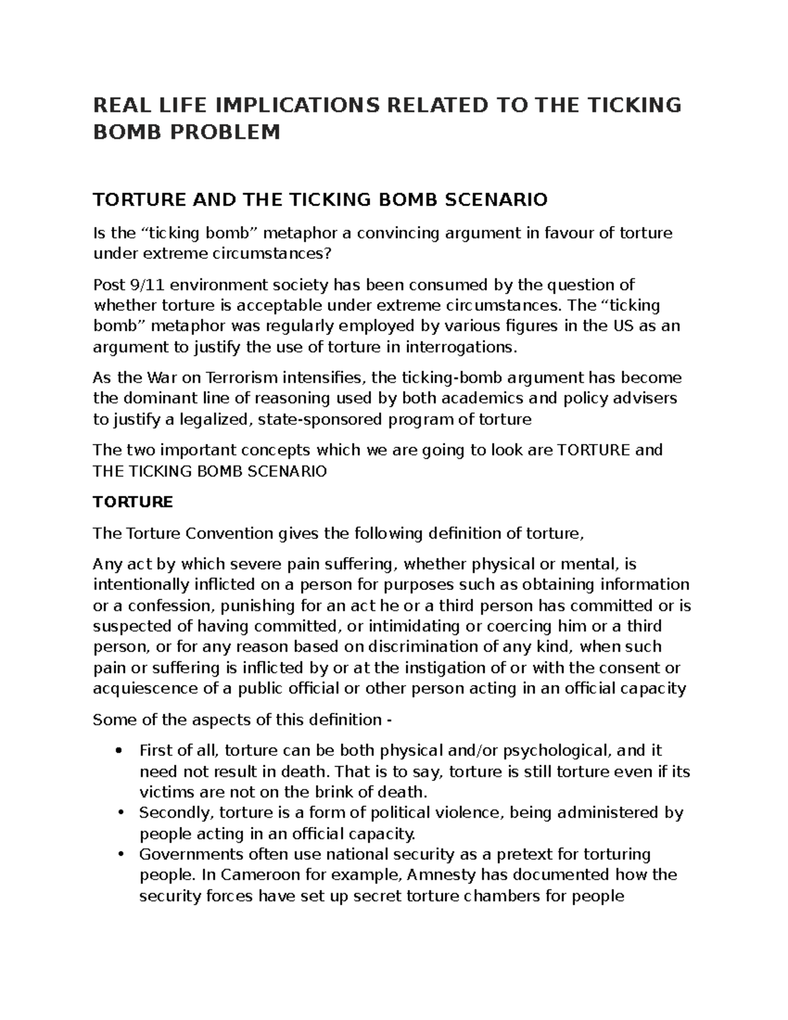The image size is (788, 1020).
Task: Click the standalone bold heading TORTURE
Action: coord(133,502)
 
